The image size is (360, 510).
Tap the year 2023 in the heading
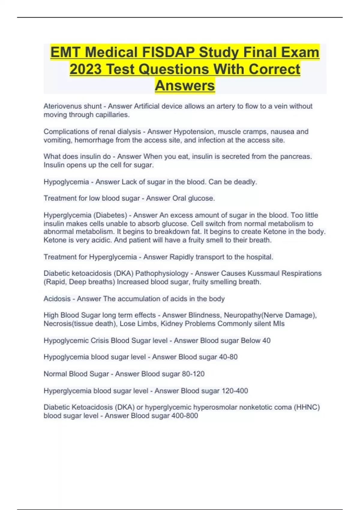(x=85, y=69)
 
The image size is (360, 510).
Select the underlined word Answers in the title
(x=185, y=85)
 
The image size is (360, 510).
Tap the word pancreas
(x=295, y=157)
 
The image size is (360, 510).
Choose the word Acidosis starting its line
(x=57, y=299)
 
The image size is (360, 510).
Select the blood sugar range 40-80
(x=228, y=357)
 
